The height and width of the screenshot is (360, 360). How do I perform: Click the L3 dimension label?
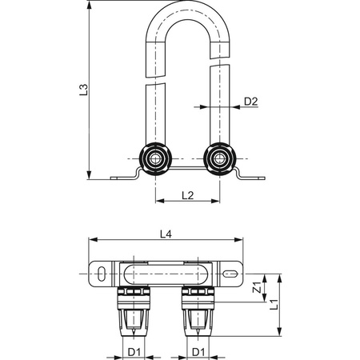(x=83, y=90)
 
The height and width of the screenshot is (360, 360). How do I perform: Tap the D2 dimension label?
(x=251, y=102)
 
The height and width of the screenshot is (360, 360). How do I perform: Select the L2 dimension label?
(x=187, y=195)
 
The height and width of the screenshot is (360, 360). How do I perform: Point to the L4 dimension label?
(x=166, y=234)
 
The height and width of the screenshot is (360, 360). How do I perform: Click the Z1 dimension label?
(x=257, y=287)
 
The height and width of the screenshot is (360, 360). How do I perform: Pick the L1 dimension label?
(x=274, y=305)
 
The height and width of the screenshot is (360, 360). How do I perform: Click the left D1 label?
(x=134, y=352)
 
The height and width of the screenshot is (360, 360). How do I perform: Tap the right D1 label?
(x=198, y=352)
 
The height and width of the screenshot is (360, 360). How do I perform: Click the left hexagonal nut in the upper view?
(x=156, y=159)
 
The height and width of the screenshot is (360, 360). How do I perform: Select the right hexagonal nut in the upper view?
(x=219, y=159)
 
